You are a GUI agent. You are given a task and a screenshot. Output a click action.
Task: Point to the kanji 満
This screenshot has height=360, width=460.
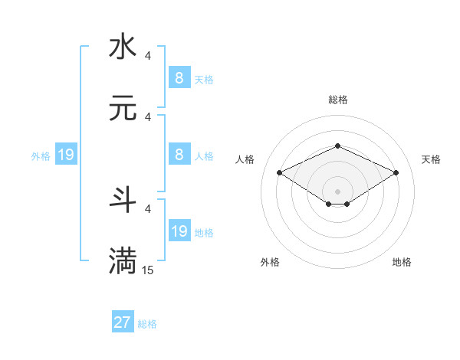(123, 260)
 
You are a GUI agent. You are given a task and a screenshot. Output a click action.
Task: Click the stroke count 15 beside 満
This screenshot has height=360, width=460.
(148, 270)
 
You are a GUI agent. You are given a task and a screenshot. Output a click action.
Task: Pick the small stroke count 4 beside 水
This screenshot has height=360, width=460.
(148, 56)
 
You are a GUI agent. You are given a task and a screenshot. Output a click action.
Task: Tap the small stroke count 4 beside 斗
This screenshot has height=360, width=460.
(148, 208)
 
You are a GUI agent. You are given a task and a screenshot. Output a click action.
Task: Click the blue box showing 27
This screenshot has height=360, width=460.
(123, 322)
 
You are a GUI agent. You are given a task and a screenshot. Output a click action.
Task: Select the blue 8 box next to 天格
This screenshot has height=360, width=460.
(179, 77)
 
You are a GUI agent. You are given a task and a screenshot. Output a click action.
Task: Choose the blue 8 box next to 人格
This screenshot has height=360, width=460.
(179, 154)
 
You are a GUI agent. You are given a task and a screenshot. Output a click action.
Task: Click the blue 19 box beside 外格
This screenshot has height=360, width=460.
(65, 155)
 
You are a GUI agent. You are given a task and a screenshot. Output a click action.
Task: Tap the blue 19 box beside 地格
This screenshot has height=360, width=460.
(179, 231)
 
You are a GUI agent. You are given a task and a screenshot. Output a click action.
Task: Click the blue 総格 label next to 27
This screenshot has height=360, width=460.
(147, 324)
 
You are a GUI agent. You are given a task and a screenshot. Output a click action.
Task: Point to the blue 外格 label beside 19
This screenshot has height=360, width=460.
(41, 156)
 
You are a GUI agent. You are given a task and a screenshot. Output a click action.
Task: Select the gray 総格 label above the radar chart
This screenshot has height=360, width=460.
(337, 100)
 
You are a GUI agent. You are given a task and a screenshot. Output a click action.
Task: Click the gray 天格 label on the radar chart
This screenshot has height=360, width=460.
(431, 159)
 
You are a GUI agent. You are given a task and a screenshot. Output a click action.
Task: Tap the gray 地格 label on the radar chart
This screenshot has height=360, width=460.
(402, 262)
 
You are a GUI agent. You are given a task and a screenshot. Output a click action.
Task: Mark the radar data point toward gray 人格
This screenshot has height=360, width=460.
(280, 172)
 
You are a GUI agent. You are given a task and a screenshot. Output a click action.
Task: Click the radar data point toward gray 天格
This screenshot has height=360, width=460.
(396, 172)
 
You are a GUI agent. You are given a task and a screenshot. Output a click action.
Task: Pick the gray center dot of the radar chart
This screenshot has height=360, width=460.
(337, 191)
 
